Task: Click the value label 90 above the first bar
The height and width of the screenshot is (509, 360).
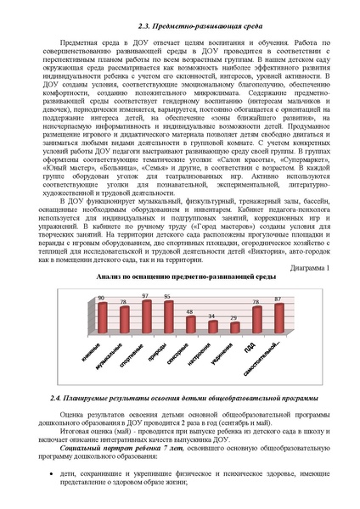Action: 102,299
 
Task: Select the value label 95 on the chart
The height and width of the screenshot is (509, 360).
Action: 168,297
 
